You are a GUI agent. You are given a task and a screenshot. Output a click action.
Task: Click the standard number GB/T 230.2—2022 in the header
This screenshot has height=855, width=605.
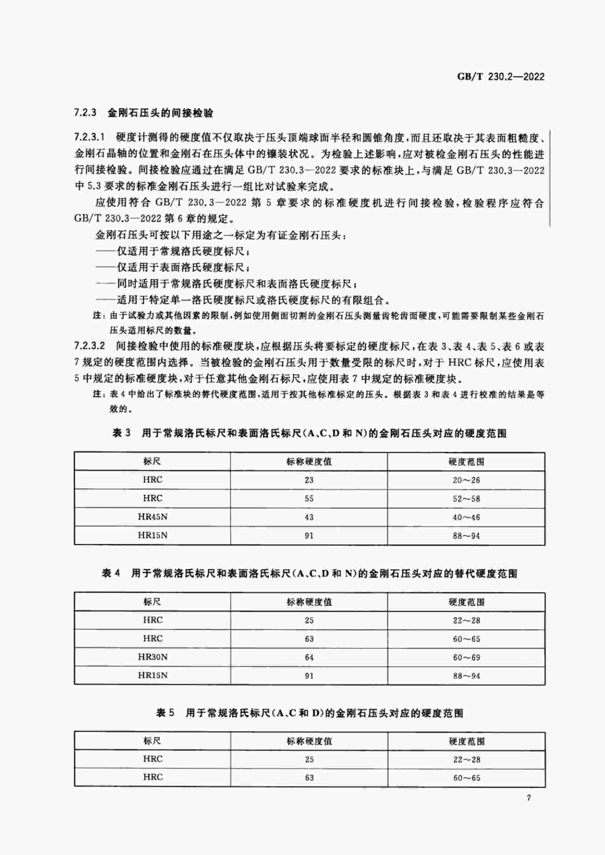point(501,77)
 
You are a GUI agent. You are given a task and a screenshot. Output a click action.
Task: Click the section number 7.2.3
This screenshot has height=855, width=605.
point(85,113)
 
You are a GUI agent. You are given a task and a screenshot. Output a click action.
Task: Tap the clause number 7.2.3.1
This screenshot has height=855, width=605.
point(90,137)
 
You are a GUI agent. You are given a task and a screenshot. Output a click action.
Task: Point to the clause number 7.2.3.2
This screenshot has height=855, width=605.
point(90,346)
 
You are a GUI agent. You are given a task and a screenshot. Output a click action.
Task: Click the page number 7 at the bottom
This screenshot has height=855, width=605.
point(529,798)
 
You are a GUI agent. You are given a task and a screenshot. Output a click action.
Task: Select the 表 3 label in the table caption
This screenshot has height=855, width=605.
point(122,433)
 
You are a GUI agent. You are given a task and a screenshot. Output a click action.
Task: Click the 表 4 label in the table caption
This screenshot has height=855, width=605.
point(111,574)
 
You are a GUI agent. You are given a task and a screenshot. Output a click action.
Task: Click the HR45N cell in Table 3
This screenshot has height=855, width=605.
point(152,517)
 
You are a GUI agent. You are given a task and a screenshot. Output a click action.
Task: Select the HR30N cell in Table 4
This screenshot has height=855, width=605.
point(153,657)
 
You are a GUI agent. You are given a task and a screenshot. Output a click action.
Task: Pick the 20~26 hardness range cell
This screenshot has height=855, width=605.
point(466,480)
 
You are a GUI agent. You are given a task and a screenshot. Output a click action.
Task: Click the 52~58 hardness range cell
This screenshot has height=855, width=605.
point(466,499)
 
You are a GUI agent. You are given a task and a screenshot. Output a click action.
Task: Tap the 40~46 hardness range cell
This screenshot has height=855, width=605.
point(466,517)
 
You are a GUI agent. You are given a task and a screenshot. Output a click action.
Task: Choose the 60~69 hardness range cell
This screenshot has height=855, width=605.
point(466,657)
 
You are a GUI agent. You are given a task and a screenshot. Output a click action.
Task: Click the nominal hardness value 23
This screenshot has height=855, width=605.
point(309,480)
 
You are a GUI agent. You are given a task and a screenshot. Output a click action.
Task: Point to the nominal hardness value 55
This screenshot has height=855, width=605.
point(309,499)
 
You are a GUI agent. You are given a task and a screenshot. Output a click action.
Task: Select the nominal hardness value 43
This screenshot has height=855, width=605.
point(309,517)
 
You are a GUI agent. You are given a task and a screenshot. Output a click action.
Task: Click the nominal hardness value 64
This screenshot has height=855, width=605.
point(309,657)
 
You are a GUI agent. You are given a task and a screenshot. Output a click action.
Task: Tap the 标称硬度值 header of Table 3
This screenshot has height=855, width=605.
point(309,462)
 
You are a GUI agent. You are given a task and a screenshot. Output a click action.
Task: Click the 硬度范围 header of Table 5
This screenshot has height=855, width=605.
point(466,741)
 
